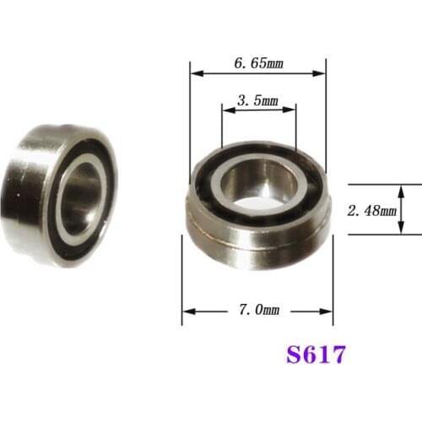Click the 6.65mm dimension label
[x=258, y=62]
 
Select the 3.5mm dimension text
[x=257, y=100]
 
